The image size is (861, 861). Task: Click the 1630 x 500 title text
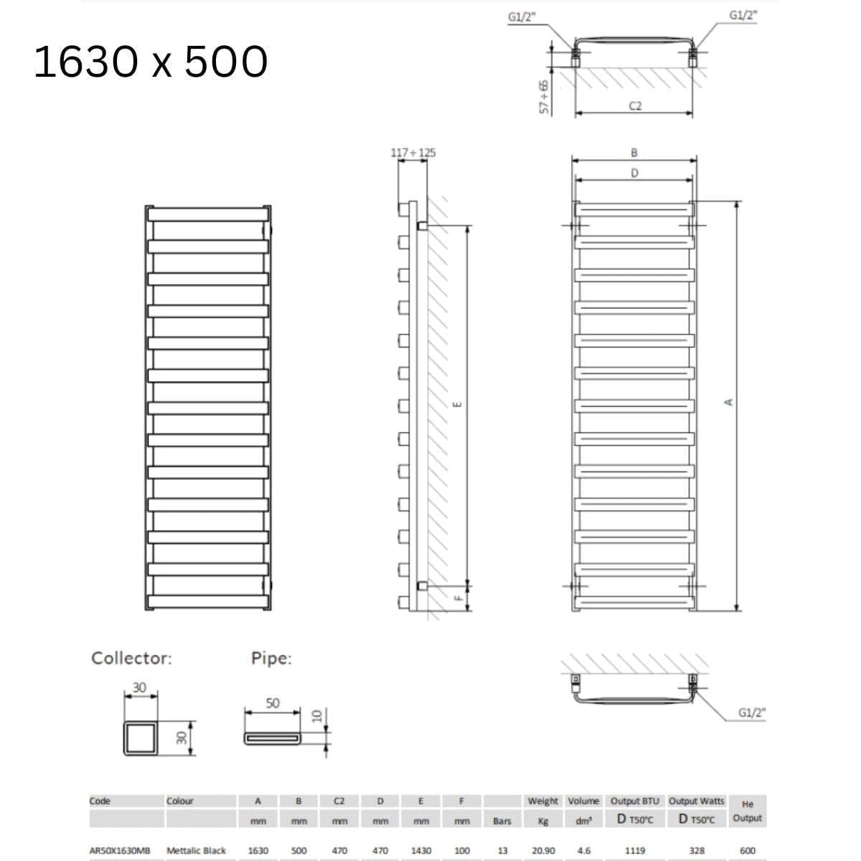point(151,62)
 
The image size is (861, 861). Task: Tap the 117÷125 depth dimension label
point(413,153)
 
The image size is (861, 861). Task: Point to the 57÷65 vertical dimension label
point(545,96)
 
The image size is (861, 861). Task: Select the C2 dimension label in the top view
point(635,106)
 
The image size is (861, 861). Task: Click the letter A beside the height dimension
point(729,402)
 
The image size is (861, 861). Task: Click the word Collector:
point(131,658)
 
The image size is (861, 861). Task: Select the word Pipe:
point(271,658)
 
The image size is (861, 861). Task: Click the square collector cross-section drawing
point(141,737)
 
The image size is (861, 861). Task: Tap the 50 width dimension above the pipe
point(273,703)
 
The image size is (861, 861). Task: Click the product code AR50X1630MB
point(120,850)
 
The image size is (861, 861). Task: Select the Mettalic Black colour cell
point(196,850)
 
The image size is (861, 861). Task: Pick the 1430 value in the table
point(420,850)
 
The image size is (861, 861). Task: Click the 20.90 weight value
point(542,850)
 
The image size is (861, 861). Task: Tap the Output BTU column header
point(634,801)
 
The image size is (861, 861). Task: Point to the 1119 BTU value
point(634,850)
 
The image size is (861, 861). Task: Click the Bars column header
point(502,821)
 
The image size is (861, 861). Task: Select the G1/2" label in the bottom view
point(752,712)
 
